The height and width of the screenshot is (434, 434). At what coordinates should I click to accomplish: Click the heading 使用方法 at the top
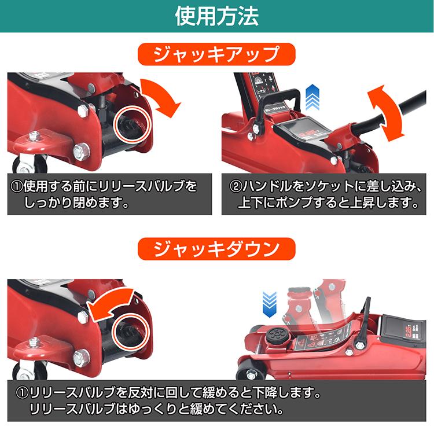click(x=217, y=16)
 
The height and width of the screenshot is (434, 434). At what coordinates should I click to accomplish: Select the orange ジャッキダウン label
click(x=216, y=248)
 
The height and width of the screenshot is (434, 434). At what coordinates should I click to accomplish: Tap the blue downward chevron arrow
click(x=269, y=304)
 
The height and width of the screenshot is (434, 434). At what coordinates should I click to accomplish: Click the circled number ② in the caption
click(x=234, y=187)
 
